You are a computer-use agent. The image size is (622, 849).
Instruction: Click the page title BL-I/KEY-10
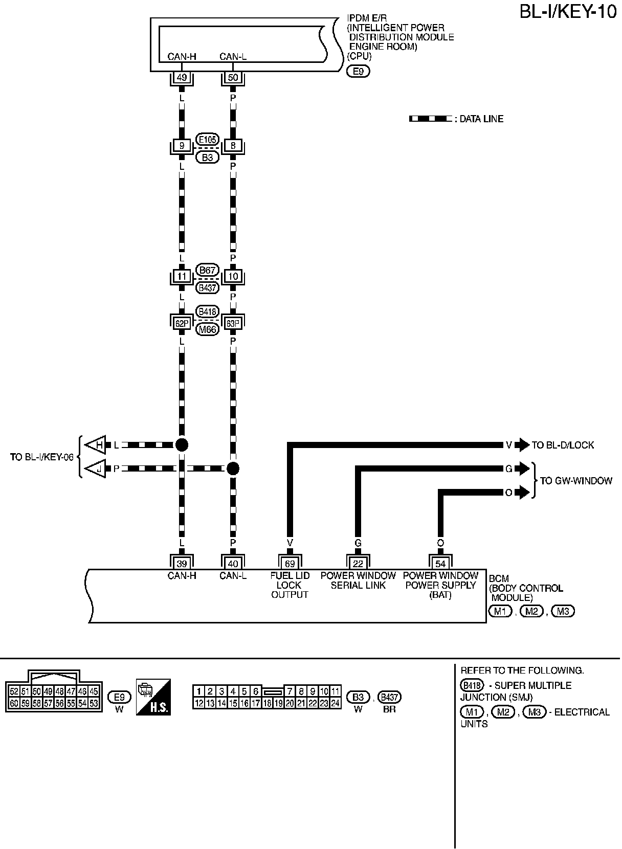pyautogui.click(x=568, y=11)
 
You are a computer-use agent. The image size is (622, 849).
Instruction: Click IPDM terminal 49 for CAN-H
pyautogui.click(x=181, y=78)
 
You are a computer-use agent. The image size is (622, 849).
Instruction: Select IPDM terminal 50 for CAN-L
pyautogui.click(x=233, y=78)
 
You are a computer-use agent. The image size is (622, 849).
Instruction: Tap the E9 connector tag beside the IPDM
pyautogui.click(x=358, y=72)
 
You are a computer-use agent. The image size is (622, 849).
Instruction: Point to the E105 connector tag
pyautogui.click(x=207, y=139)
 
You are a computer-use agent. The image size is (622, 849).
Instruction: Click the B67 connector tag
pyautogui.click(x=207, y=270)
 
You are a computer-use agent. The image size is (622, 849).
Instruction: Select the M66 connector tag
pyautogui.click(x=207, y=329)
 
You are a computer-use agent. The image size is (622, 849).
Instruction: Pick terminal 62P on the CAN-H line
pyautogui.click(x=181, y=323)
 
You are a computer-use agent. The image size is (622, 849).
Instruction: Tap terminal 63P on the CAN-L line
pyautogui.click(x=233, y=323)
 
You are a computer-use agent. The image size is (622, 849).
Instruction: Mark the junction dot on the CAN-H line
pyautogui.click(x=181, y=444)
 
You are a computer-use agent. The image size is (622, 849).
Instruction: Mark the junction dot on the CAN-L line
pyautogui.click(x=233, y=468)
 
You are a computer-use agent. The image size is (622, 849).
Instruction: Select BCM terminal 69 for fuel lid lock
pyautogui.click(x=290, y=564)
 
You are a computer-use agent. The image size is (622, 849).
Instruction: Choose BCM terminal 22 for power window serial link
pyautogui.click(x=358, y=564)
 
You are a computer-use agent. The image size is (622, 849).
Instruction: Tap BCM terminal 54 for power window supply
pyautogui.click(x=440, y=564)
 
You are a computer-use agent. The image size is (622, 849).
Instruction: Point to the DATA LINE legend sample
pyautogui.click(x=430, y=119)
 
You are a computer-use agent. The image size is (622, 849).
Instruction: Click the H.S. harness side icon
pyautogui.click(x=153, y=697)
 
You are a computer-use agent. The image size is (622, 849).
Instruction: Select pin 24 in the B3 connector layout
pyautogui.click(x=336, y=703)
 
